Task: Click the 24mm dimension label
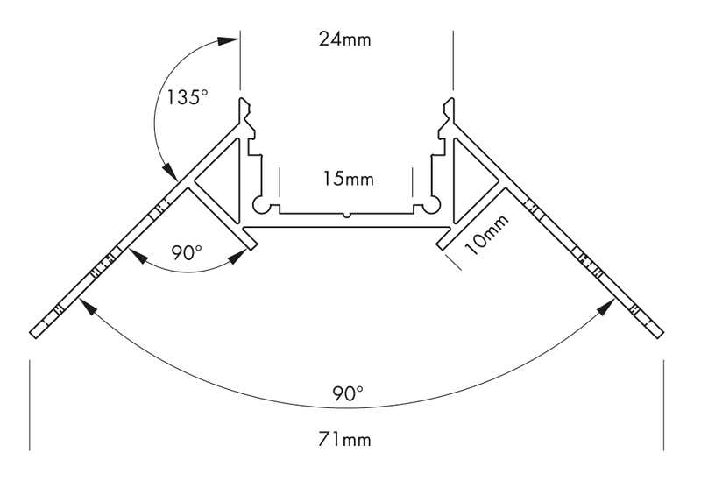344,39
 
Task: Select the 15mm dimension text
348,180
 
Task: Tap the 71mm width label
344,439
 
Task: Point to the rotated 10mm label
486,235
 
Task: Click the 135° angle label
187,97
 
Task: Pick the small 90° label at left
187,253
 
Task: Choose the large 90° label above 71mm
348,393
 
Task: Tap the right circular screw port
431,206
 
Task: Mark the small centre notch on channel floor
346,215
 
